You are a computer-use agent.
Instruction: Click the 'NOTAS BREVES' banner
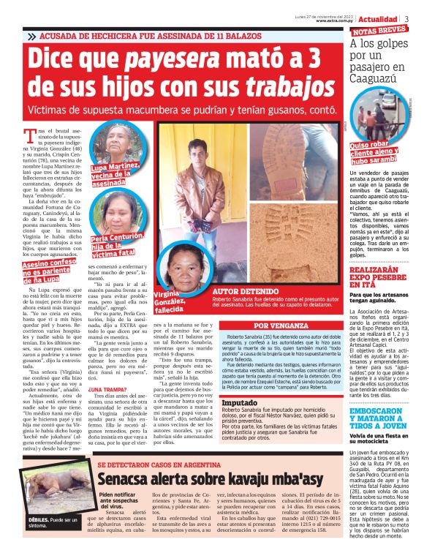[x=379, y=31]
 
